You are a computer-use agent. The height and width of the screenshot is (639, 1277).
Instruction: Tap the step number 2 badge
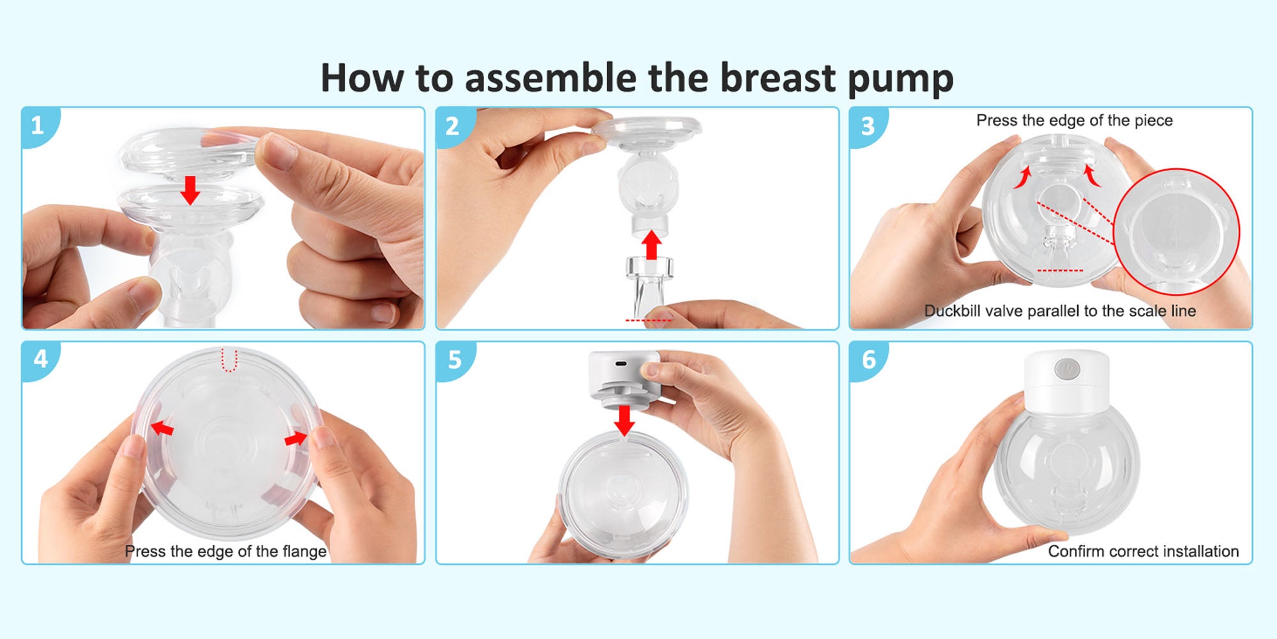(453, 126)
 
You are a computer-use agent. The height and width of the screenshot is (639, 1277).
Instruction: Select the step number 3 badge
(867, 126)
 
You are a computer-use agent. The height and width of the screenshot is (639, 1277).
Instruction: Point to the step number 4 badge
(40, 359)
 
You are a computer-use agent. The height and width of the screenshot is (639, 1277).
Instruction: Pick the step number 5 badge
(454, 360)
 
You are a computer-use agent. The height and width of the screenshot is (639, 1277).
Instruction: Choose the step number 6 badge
(868, 360)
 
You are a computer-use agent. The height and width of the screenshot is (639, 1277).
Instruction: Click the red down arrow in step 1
(190, 190)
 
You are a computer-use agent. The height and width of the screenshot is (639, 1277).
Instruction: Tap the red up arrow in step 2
(651, 245)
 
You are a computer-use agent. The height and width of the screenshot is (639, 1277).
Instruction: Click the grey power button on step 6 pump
(1067, 369)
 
